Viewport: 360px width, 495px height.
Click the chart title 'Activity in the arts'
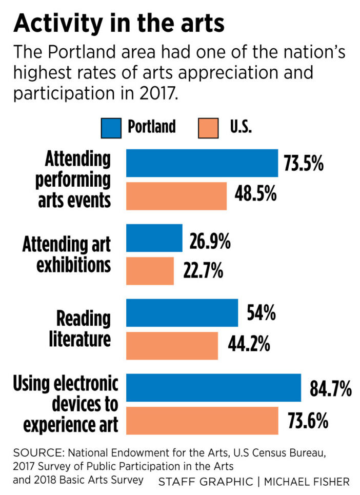[119, 23]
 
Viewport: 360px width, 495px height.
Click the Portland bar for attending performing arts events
[202, 163]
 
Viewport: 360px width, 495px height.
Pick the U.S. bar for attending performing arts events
[176, 196]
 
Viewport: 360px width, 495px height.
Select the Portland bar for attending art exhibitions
[154, 238]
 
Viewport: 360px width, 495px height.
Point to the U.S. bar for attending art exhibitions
[150, 271]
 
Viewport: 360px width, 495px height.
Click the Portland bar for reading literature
[182, 313]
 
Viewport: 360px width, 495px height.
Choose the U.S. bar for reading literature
[172, 346]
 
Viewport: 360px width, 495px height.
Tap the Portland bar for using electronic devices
[213, 388]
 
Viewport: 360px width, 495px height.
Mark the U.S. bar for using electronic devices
[202, 421]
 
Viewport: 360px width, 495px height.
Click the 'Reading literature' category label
[83, 329]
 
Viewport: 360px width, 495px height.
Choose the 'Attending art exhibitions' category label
[67, 254]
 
